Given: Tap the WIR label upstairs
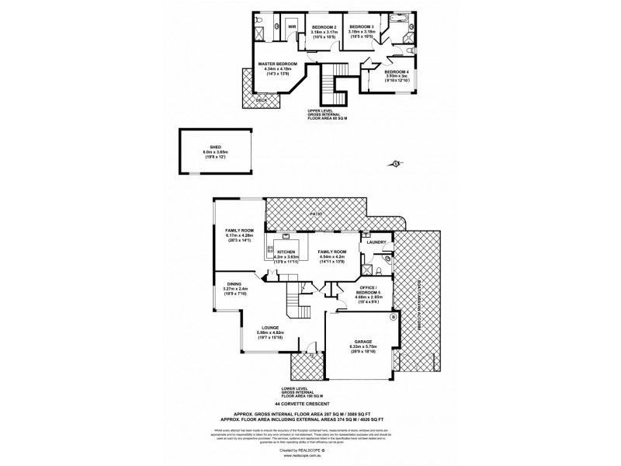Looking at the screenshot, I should pos(293,27).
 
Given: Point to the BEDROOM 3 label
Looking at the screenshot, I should pos(362,27).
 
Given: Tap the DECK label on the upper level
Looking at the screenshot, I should pos(261,100).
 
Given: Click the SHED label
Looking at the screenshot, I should pos(207,148).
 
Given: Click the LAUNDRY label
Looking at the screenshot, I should pos(376,242).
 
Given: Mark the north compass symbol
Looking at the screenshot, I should pos(397,163).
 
